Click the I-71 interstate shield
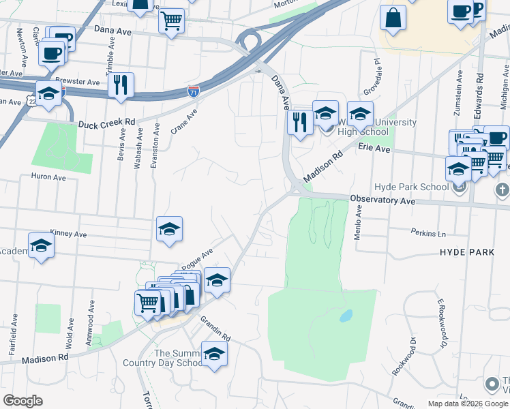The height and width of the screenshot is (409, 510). coord(194,89)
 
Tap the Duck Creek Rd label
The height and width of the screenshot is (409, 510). coord(106,124)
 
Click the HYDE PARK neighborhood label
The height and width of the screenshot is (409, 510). coord(467,252)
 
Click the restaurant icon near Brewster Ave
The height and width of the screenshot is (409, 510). coord(121,85)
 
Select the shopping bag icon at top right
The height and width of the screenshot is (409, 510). coord(394,18)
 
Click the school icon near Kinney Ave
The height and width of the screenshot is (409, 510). coord(169,229)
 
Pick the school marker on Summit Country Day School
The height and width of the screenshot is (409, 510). coord(214,354)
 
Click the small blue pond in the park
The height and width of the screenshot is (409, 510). coord(346,316)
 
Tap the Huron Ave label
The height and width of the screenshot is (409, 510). coord(48,177)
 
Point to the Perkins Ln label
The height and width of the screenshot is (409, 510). coord(427,233)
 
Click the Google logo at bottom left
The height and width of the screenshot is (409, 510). coord(23,401)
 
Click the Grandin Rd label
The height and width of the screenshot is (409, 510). coord(215,328)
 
